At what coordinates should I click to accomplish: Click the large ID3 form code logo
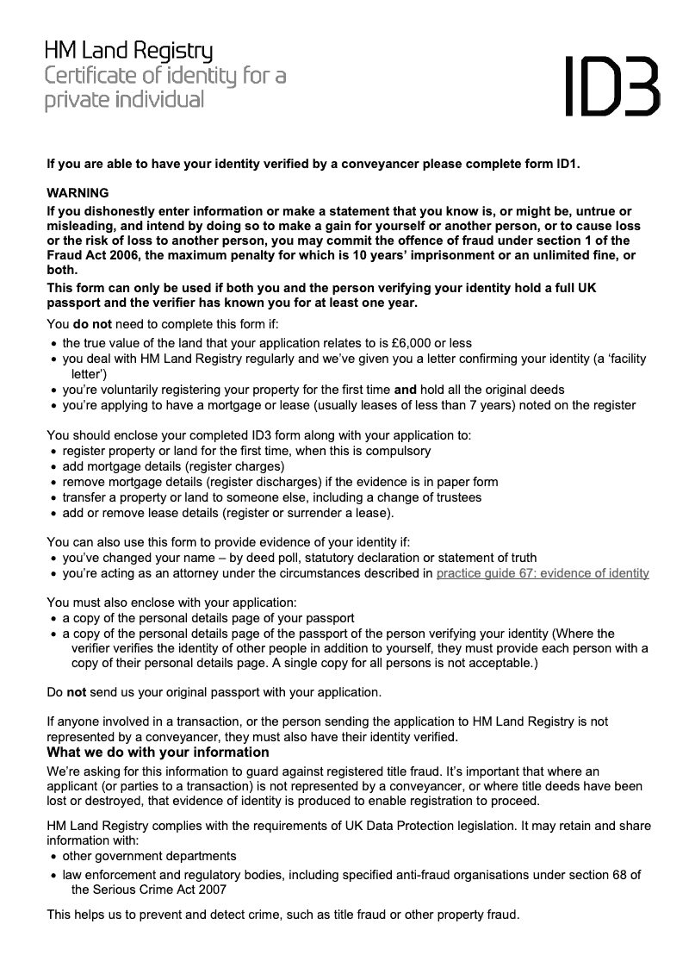(612, 85)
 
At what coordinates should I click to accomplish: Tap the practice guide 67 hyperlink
(543, 573)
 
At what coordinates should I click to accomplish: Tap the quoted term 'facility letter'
(603, 359)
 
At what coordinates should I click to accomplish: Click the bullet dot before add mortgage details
(53, 467)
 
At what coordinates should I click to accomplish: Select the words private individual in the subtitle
(125, 100)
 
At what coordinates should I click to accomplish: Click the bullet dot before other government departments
(53, 857)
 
